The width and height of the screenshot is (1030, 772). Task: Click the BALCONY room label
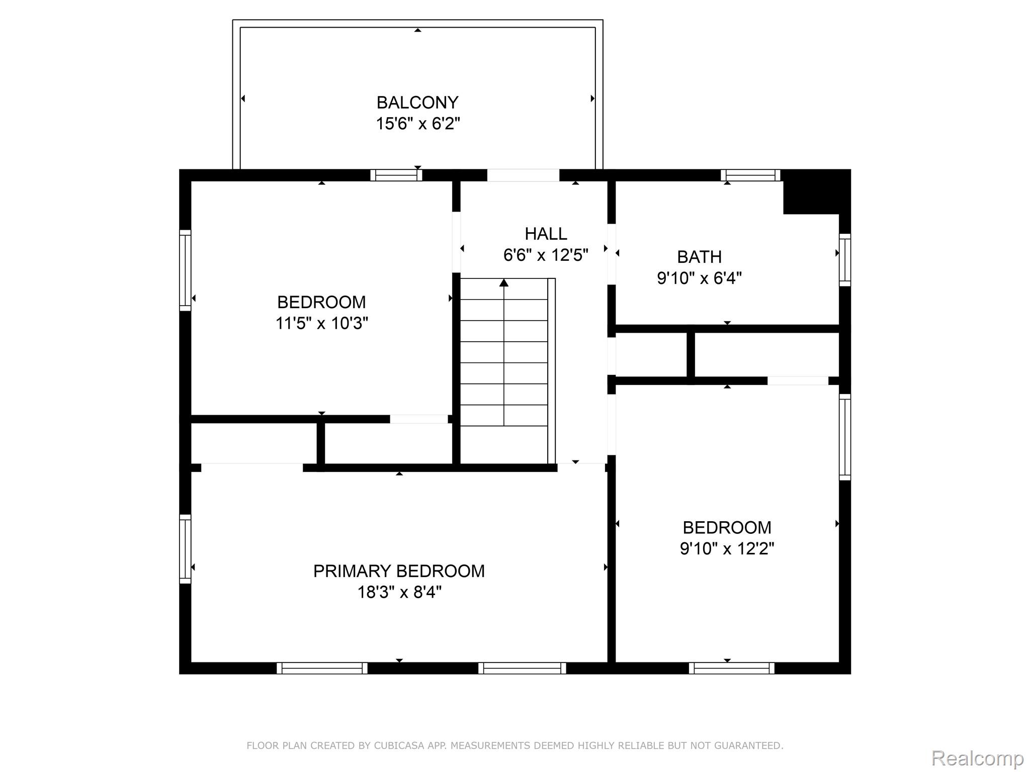tap(417, 103)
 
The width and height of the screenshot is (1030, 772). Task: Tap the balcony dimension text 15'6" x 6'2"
tap(418, 123)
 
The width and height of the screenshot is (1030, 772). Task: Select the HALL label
tap(546, 234)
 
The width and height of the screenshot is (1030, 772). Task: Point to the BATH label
tap(699, 257)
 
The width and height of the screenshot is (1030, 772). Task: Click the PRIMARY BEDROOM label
tap(399, 571)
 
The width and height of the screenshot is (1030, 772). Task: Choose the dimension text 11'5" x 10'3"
tap(321, 323)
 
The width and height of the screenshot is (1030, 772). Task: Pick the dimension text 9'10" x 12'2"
tap(727, 548)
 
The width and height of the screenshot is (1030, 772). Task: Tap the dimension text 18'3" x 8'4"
tap(399, 592)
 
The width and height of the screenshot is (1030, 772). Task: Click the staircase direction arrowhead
tap(504, 282)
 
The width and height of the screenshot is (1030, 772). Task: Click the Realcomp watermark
tap(978, 758)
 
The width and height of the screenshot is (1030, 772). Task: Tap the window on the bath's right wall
tap(845, 260)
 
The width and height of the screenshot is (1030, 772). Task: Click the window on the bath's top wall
tap(750, 175)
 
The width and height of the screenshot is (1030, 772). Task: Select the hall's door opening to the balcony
tap(523, 175)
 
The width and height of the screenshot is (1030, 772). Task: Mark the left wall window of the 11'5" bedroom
tap(186, 270)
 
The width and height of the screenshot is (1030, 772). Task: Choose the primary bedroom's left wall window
tap(186, 549)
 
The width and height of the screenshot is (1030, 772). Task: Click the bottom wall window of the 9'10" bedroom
tap(732, 668)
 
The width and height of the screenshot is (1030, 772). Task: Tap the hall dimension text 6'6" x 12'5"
tap(546, 255)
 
